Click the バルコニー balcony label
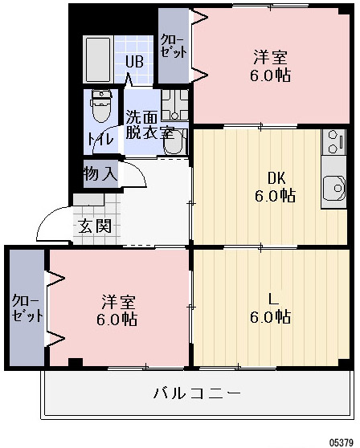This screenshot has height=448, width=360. [x=197, y=393]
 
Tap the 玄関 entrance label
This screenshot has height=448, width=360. [x=95, y=226]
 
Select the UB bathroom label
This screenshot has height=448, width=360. [x=133, y=61]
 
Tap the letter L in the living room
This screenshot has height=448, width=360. [x=273, y=299]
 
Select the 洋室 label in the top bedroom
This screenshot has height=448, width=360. [x=271, y=58]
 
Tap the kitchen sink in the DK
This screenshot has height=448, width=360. [x=332, y=189]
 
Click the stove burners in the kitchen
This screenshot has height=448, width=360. [x=332, y=141]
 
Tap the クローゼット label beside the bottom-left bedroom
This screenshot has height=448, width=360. [x=27, y=308]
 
